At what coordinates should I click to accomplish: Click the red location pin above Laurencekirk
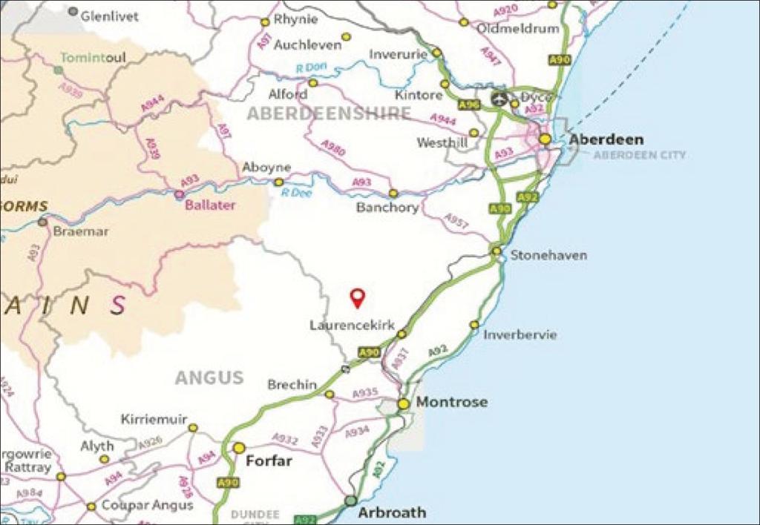coord(358,297)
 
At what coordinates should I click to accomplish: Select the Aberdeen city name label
coord(606,139)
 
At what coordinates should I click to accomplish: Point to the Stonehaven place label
coord(548,255)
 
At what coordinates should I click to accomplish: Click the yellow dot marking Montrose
coord(403,404)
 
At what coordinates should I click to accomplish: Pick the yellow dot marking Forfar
coord(239,448)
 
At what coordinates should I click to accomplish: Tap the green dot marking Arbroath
coord(350,501)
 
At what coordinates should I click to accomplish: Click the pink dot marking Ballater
coord(179,195)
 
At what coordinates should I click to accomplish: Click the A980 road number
coord(333,148)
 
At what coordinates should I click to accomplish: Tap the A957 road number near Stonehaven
coord(456,221)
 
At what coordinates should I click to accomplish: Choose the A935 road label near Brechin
coord(366,393)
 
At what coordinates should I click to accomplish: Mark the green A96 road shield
coord(468,105)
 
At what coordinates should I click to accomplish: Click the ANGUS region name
coord(209,377)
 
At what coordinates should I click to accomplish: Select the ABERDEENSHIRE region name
coord(329,113)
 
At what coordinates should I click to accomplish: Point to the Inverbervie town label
coord(520,334)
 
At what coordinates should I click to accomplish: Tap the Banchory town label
coord(387,208)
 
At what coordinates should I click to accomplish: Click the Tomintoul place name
coord(93,57)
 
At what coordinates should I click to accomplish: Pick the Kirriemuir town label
coord(154,420)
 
